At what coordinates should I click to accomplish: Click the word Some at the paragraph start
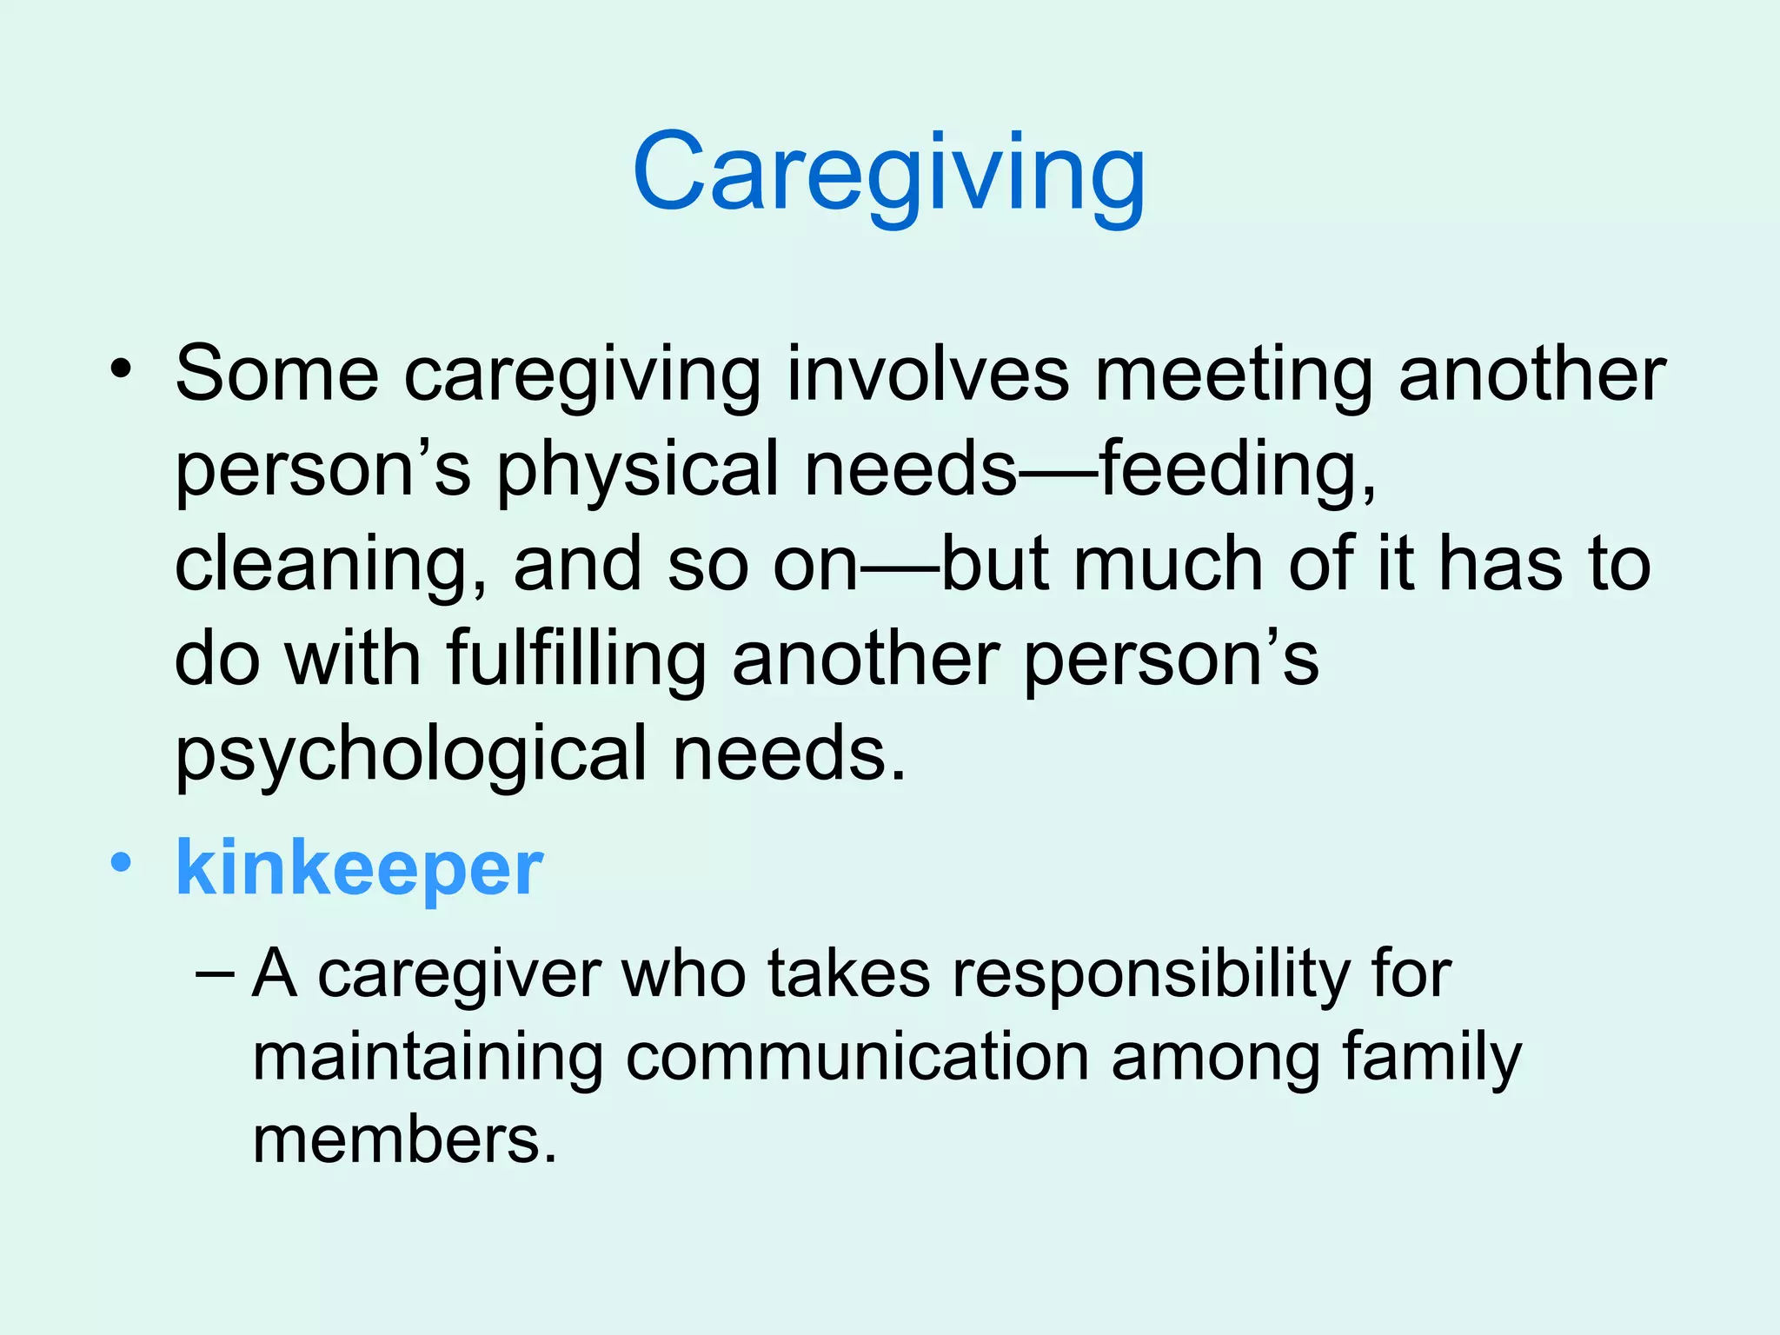pyautogui.click(x=276, y=374)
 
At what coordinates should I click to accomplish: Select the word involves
pyautogui.click(x=927, y=374)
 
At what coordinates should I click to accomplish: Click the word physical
pyautogui.click(x=638, y=469)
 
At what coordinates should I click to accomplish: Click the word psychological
pyautogui.click(x=411, y=754)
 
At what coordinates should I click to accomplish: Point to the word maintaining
pyautogui.click(x=428, y=1059)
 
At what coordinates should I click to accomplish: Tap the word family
pyautogui.click(x=1432, y=1059)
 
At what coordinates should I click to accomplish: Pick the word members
pyautogui.click(x=403, y=1139)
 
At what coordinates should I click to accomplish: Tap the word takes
pyautogui.click(x=848, y=973)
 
